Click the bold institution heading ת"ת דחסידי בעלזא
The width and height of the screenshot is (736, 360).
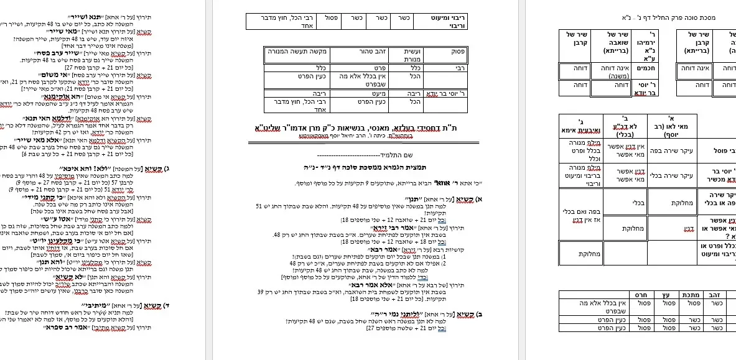click(361, 128)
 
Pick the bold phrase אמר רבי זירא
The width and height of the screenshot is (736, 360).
click(369, 228)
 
